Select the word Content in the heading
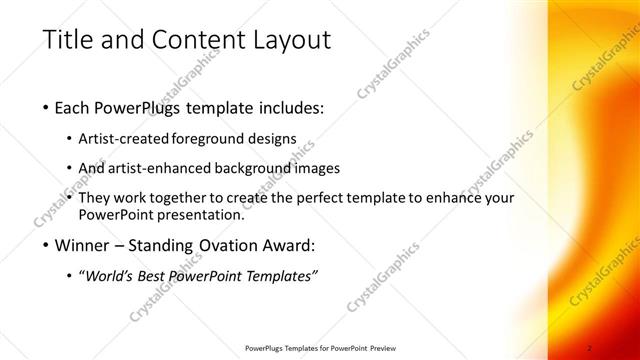(192, 41)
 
